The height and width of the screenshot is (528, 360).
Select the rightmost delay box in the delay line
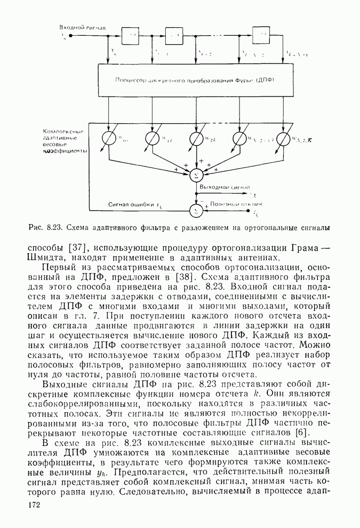coord(261,36)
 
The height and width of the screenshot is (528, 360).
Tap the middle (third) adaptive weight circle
coord(196,139)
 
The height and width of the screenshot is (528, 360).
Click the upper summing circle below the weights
coord(196,174)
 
